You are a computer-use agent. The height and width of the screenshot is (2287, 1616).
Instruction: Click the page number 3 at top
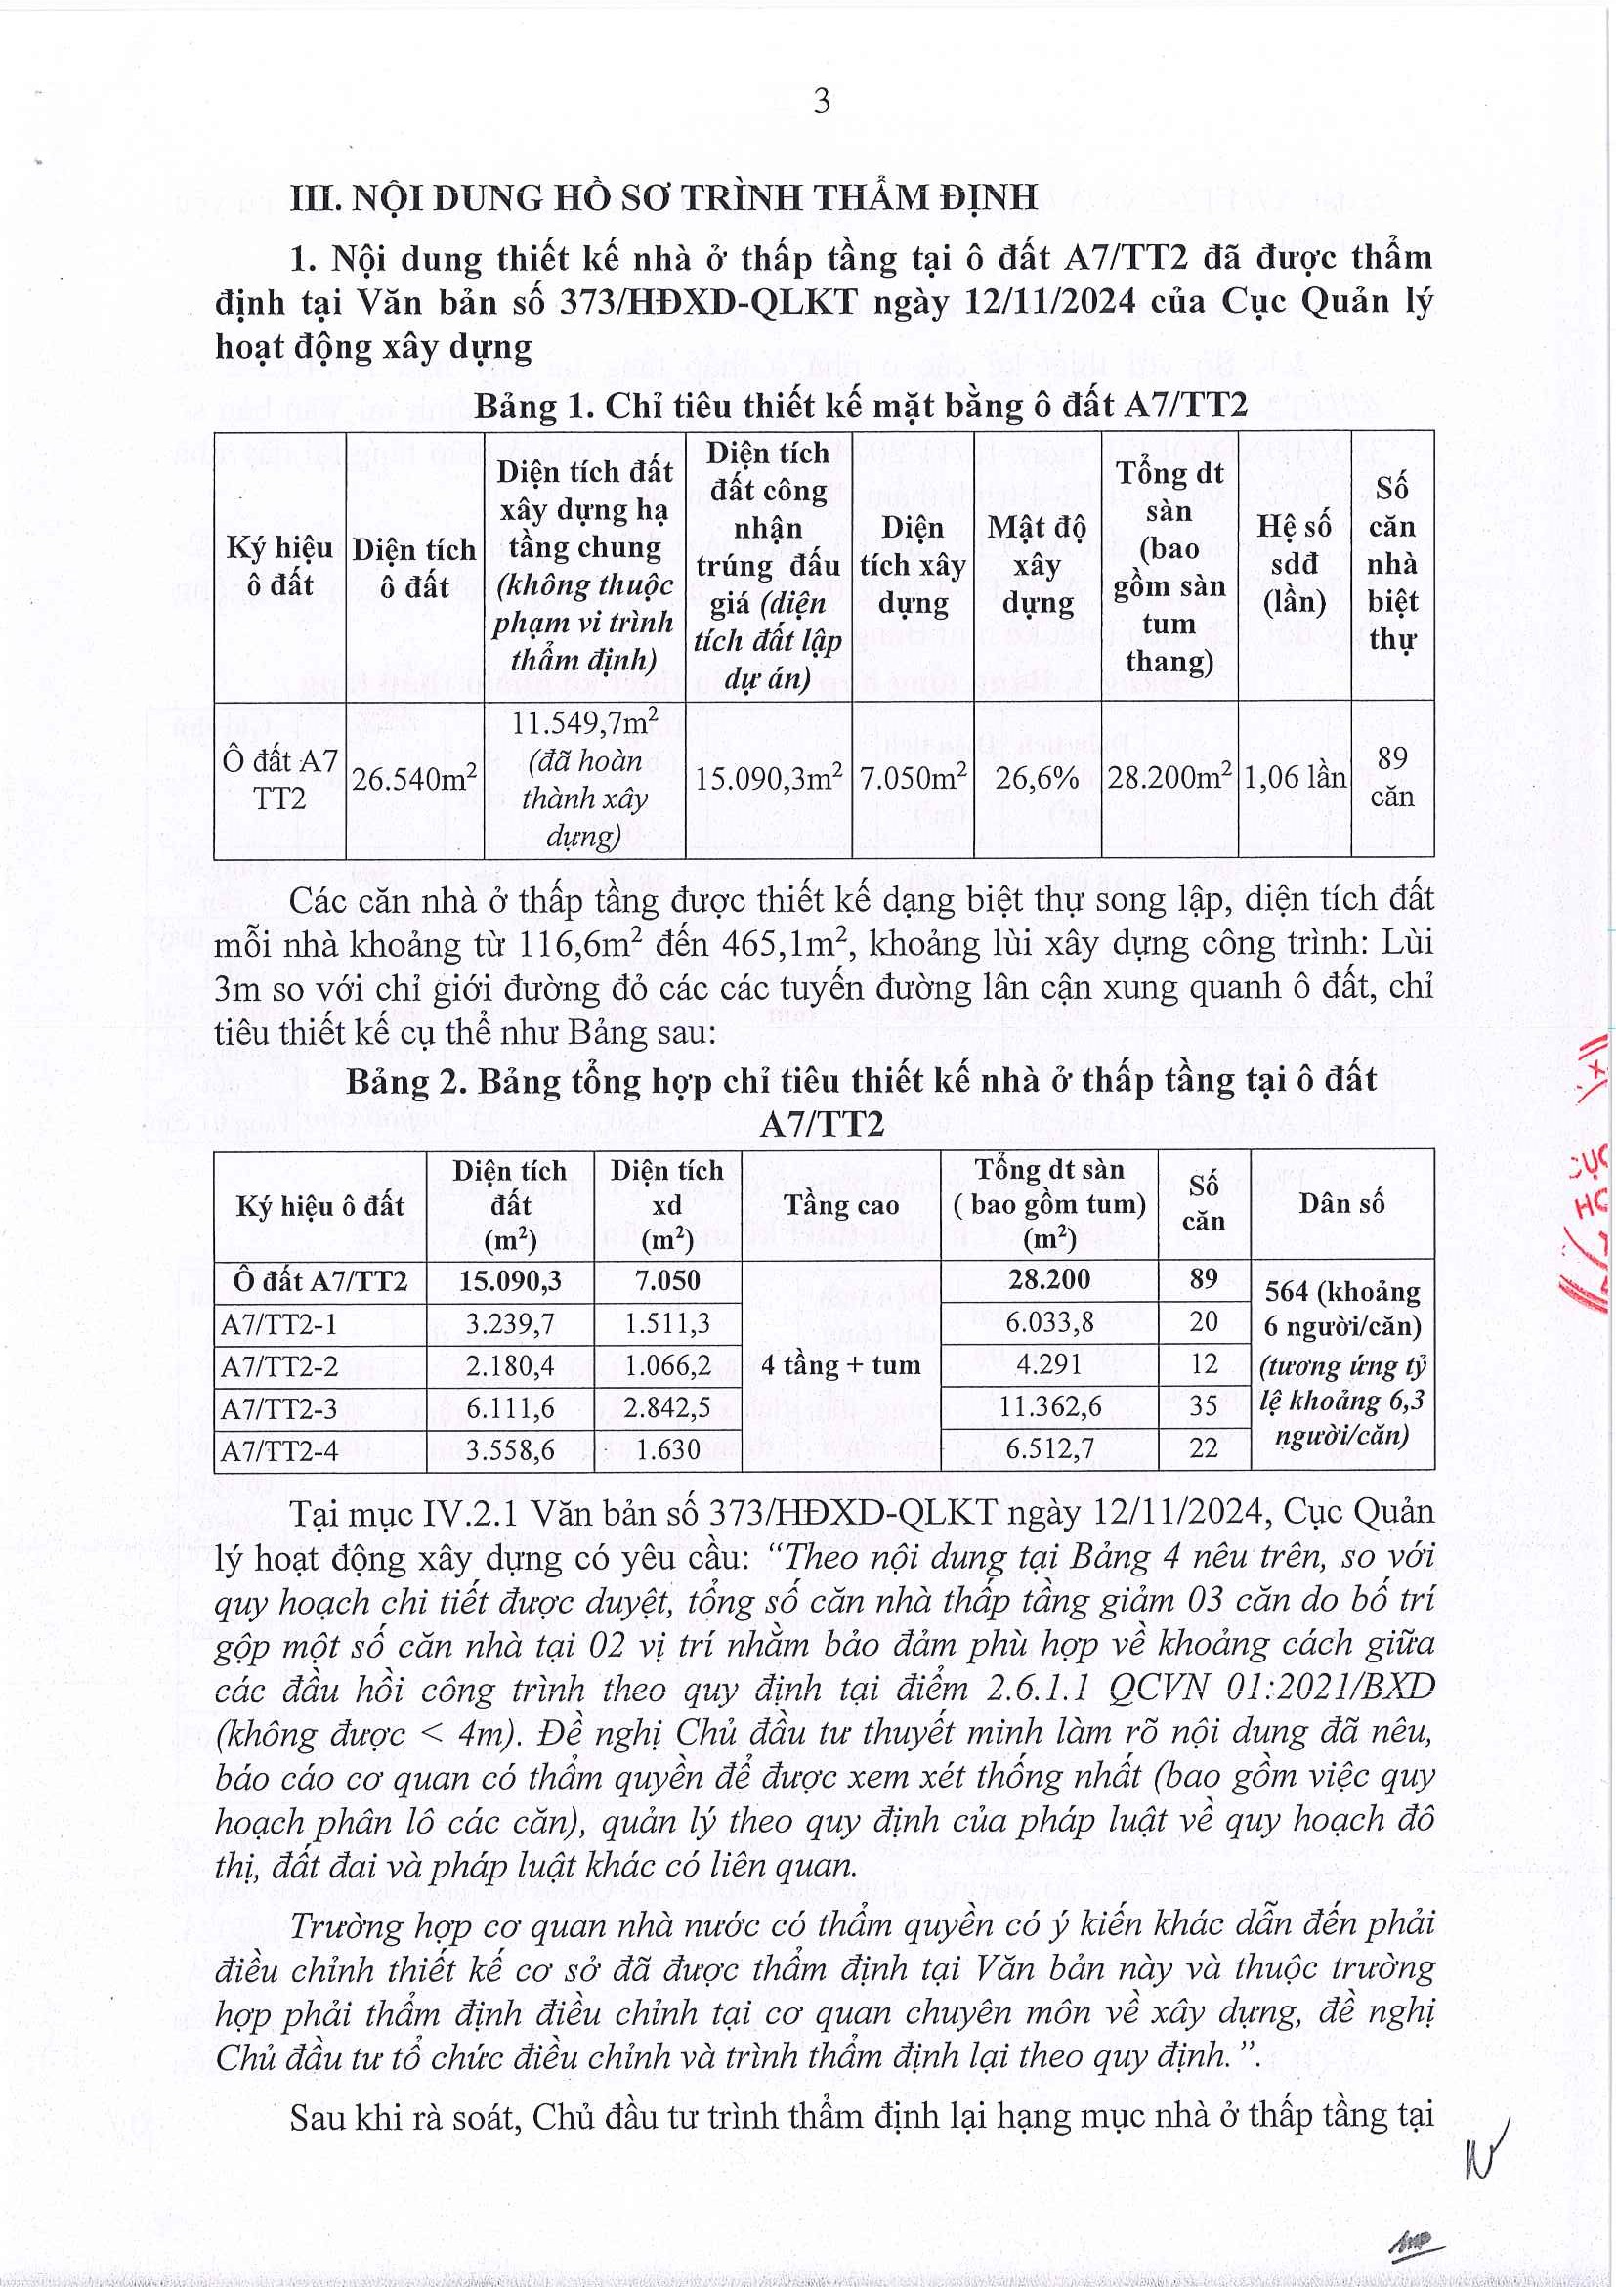pos(822,102)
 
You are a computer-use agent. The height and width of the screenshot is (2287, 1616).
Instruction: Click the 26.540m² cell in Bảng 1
pos(414,778)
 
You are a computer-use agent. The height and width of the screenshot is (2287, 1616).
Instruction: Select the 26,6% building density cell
pos(1037,777)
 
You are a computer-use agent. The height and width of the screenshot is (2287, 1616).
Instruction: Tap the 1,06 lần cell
pos(1294,777)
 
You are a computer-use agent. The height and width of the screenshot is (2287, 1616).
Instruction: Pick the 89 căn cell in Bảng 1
pos(1392,777)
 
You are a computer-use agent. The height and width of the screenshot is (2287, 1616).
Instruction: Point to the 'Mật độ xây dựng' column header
pos(1037,565)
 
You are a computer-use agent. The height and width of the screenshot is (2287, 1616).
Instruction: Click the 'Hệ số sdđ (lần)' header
pos(1294,565)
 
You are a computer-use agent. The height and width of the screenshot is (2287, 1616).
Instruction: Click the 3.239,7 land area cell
pos(510,1323)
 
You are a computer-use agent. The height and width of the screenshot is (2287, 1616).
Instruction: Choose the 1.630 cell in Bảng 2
pos(667,1450)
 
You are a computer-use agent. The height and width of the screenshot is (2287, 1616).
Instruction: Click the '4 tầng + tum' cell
pos(840,1365)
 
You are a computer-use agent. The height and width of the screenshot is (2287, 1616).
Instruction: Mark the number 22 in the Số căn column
pos(1203,1450)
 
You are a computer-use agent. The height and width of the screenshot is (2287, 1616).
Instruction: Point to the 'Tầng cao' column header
pos(840,1205)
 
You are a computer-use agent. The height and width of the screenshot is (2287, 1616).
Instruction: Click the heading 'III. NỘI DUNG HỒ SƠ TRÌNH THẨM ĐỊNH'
pos(663,197)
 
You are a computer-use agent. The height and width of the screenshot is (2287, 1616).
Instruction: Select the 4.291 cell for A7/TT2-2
pos(1049,1365)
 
